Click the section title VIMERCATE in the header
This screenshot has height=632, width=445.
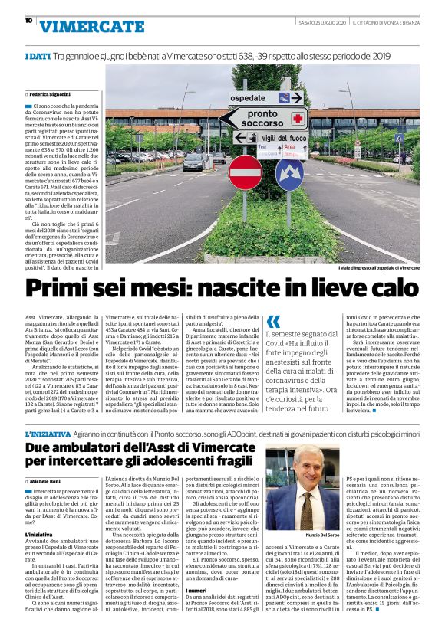91,26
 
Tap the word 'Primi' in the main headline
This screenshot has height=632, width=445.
78,290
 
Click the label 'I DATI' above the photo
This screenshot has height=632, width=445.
38,57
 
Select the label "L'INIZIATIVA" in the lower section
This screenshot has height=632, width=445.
47,434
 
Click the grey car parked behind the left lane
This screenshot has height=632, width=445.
193,162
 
